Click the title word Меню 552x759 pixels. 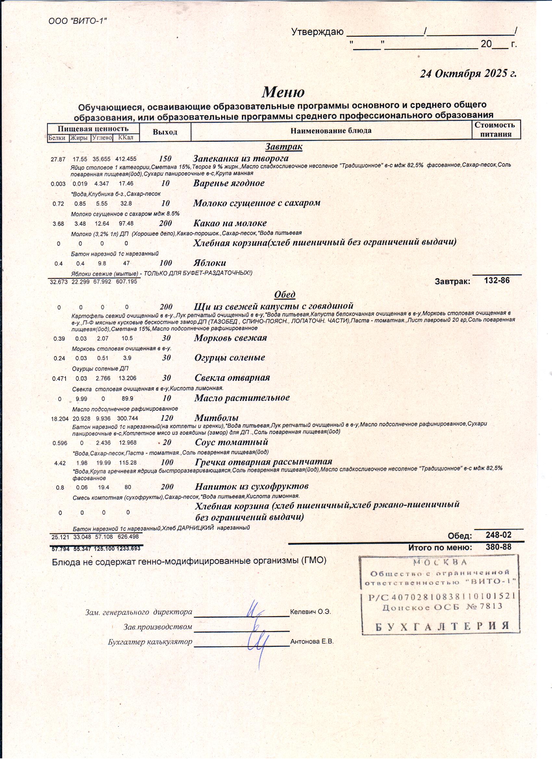click(x=283, y=92)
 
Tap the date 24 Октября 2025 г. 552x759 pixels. click(x=468, y=73)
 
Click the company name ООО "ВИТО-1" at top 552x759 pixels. click(x=78, y=21)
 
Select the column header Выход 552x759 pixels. click(x=165, y=132)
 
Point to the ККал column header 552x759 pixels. click(x=126, y=138)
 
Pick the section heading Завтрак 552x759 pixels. click(x=283, y=147)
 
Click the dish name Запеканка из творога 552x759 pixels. click(x=241, y=158)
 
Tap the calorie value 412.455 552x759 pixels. click(x=126, y=159)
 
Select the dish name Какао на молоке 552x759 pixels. click(x=230, y=223)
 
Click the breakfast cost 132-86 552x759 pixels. click(x=497, y=280)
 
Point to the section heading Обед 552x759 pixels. click(x=284, y=294)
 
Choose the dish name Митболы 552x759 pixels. click(x=217, y=418)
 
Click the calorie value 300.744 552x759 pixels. click(x=127, y=418)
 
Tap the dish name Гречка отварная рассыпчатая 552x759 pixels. click(x=263, y=462)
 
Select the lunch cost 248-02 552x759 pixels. click(x=498, y=535)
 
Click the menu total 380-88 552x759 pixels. click(x=498, y=547)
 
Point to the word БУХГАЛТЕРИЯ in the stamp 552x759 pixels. click(x=442, y=626)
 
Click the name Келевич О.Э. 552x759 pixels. click(x=311, y=611)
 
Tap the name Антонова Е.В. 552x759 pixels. click(x=312, y=641)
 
